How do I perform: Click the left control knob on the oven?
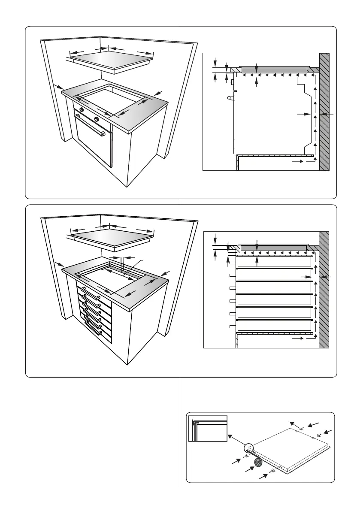click(x=81, y=110)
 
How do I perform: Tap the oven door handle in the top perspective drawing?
click(x=90, y=125)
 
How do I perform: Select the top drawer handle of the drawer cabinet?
click(x=90, y=293)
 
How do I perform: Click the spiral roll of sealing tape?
click(x=258, y=463)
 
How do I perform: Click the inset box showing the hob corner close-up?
click(x=208, y=428)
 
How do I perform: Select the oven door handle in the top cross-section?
click(x=231, y=98)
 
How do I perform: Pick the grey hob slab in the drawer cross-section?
click(x=274, y=248)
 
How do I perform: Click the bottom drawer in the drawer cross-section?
click(x=274, y=326)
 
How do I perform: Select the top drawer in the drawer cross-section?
click(x=274, y=262)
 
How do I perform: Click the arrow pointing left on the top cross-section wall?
click(x=328, y=114)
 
